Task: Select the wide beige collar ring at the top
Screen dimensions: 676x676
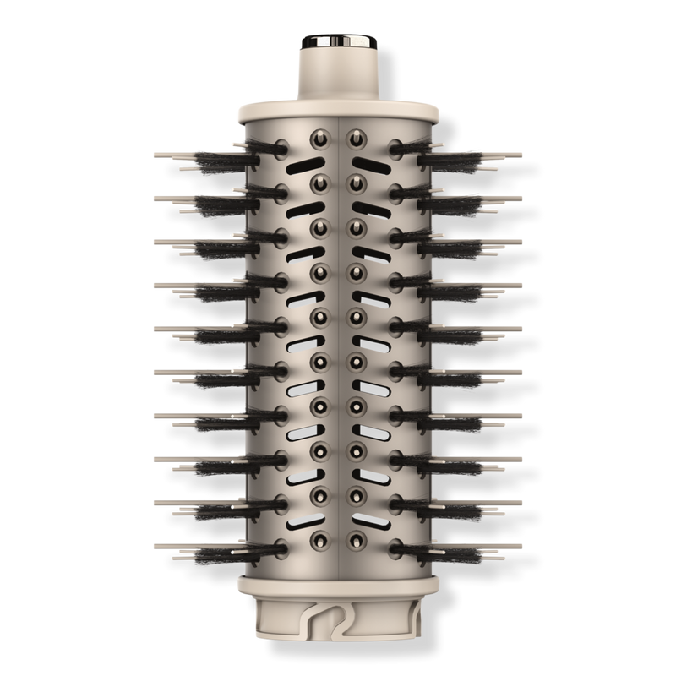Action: [x=338, y=109]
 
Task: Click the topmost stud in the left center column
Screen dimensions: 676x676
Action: [x=320, y=135]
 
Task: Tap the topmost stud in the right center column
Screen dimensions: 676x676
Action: [x=357, y=135]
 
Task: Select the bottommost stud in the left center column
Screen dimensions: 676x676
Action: [x=320, y=537]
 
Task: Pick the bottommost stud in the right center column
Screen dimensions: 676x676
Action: [x=357, y=537]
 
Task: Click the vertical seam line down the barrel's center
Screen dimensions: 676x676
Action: [x=338, y=338]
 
